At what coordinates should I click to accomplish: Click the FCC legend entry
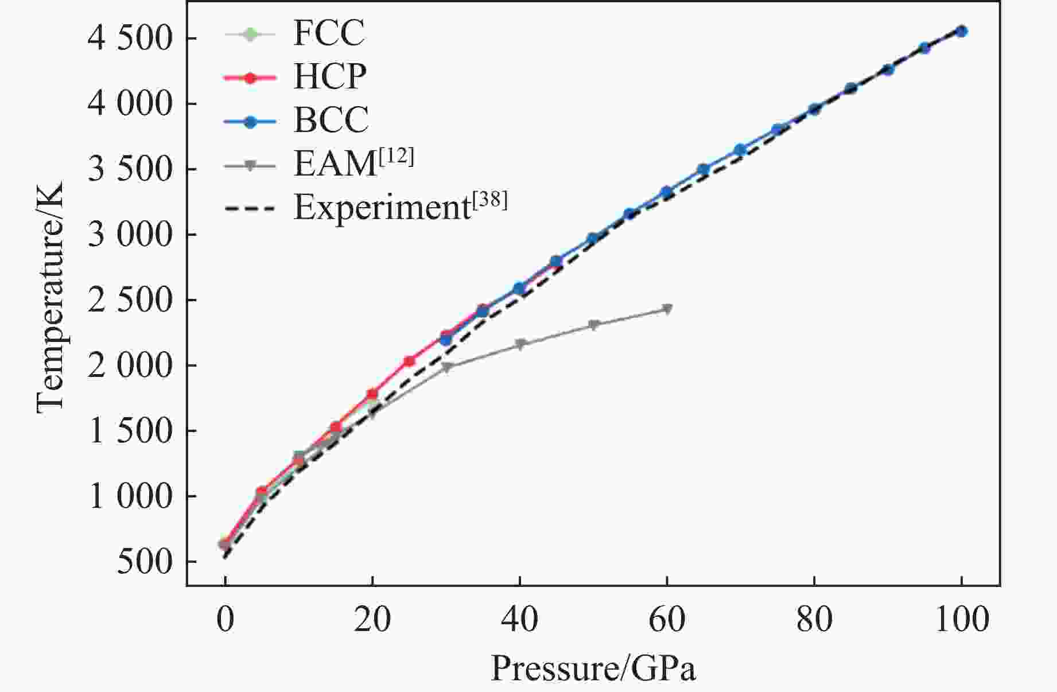click(329, 33)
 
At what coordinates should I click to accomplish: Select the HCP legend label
click(330, 76)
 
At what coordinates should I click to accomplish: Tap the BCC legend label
click(331, 120)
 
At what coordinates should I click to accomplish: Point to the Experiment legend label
click(400, 207)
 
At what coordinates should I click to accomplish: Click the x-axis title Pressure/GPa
click(593, 668)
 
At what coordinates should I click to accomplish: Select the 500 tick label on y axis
click(145, 562)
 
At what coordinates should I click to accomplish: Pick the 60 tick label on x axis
click(667, 620)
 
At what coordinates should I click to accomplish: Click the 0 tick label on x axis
click(226, 620)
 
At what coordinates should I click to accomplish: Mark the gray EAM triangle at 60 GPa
click(667, 309)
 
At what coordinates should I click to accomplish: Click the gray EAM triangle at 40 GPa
click(520, 344)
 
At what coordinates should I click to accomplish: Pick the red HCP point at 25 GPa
click(409, 361)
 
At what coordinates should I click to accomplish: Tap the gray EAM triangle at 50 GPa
click(594, 325)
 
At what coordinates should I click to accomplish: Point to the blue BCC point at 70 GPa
click(740, 150)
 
